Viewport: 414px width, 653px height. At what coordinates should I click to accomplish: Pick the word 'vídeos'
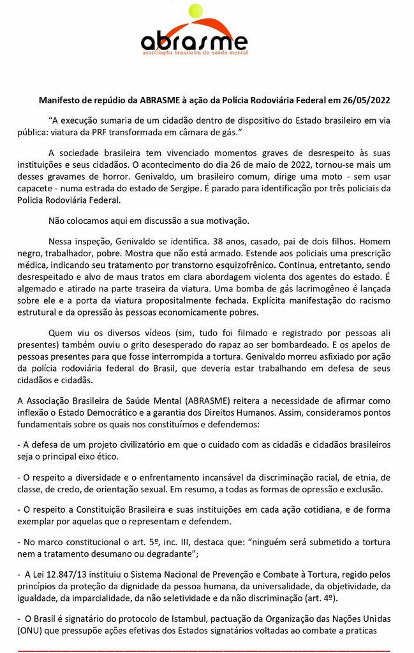pyautogui.click(x=146, y=334)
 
